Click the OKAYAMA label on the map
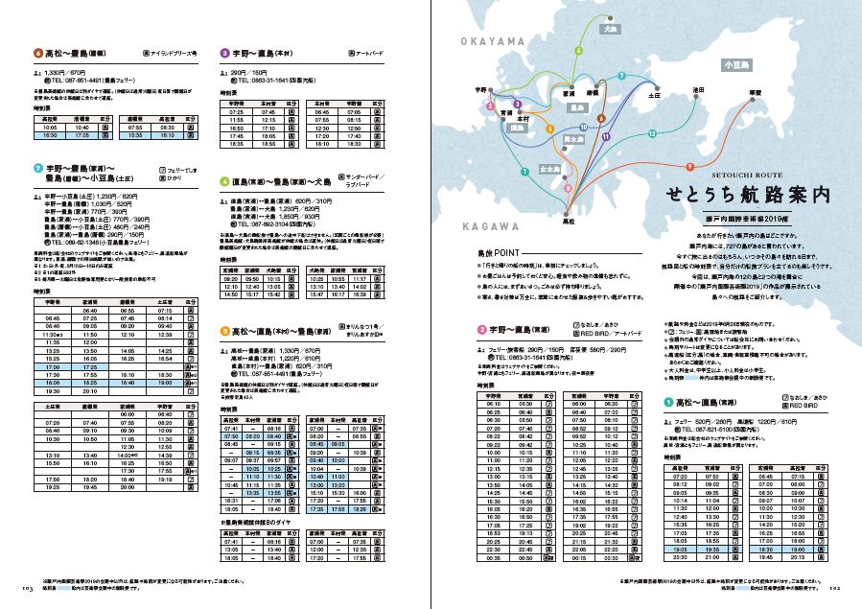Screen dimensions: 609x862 pyautogui.click(x=494, y=41)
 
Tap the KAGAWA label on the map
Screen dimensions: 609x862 pyautogui.click(x=489, y=225)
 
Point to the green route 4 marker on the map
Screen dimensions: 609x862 pyautogui.click(x=578, y=50)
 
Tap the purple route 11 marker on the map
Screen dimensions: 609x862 pyautogui.click(x=606, y=137)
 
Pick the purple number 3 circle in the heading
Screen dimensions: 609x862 pyautogui.click(x=224, y=53)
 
